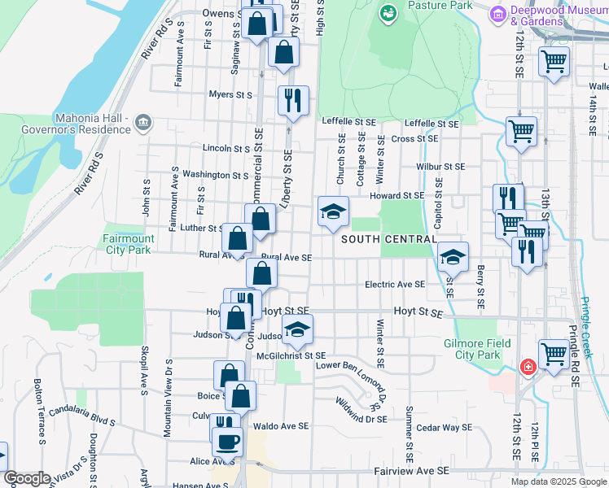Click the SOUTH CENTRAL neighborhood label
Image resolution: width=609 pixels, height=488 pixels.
point(387,239)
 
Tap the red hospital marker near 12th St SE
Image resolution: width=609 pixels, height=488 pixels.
point(528,368)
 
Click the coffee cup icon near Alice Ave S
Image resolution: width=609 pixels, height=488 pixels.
point(227,441)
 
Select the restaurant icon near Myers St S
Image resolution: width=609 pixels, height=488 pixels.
point(291,99)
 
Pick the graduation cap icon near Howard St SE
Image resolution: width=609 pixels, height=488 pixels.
point(332,212)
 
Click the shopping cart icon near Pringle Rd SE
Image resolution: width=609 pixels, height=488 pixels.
point(554,353)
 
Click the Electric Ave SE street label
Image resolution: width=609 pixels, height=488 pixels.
point(395,285)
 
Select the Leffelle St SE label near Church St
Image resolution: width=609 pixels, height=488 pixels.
point(348,121)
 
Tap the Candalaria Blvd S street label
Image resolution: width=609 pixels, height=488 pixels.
point(84,420)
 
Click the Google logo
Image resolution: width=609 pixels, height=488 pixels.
point(27,478)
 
